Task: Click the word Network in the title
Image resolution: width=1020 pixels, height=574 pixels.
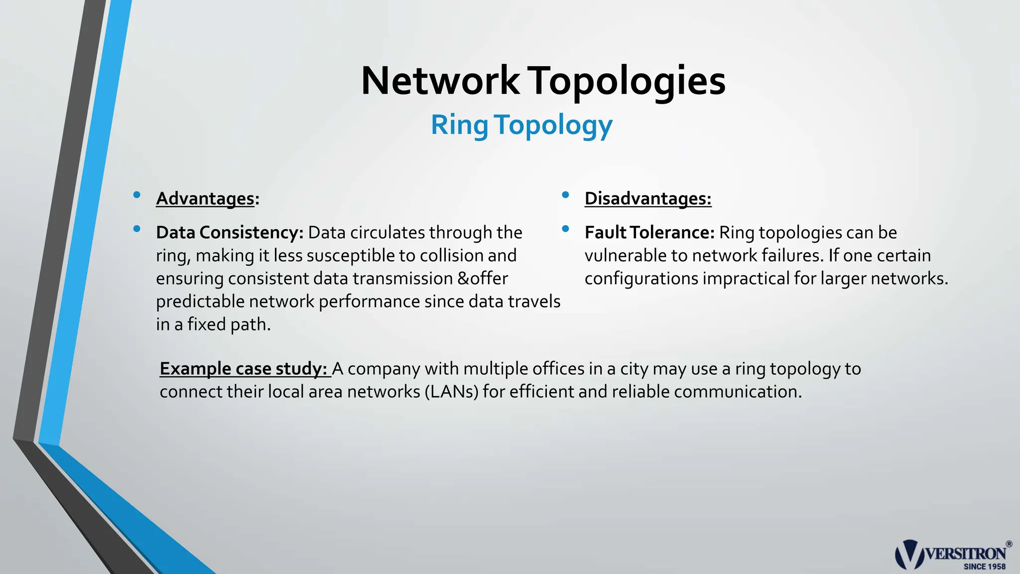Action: point(440,81)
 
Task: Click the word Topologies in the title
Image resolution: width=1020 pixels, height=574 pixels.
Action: point(627,81)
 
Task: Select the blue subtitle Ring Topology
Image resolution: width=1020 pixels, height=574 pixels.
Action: point(521,125)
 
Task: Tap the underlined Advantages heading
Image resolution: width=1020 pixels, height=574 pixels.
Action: point(205,198)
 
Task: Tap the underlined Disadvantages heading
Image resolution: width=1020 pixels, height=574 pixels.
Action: point(647,198)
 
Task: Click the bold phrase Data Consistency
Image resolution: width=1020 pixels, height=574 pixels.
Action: point(230,232)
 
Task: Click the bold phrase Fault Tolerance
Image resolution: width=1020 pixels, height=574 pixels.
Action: point(649,232)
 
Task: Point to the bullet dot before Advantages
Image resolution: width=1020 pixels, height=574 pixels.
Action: point(136,195)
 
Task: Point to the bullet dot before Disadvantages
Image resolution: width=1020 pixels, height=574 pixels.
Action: point(565,195)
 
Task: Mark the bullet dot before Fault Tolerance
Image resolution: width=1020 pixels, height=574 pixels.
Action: point(565,229)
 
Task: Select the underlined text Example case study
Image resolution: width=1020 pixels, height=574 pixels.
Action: point(243,369)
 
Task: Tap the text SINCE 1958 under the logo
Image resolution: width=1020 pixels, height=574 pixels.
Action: point(984,567)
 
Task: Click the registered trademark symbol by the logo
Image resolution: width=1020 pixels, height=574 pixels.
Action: point(1009,544)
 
